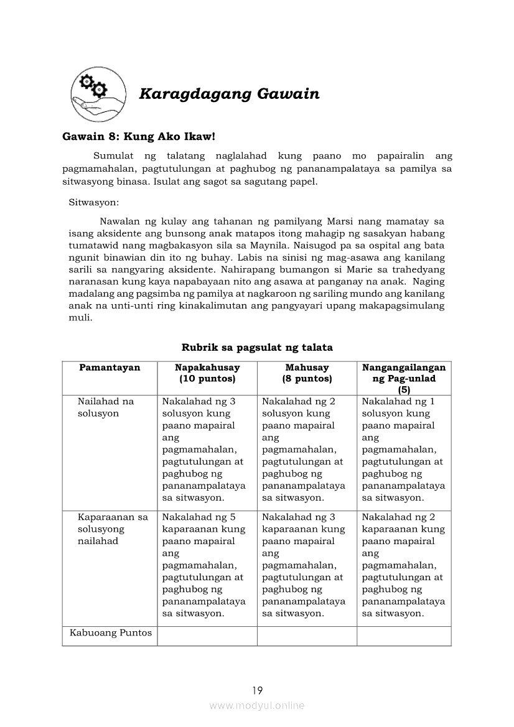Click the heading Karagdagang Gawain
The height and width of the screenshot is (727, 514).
pos(229,94)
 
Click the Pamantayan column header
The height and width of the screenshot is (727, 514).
pos(110,368)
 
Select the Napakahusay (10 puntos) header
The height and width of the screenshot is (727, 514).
pos(207,373)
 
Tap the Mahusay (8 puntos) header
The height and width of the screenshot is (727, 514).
pos(307,373)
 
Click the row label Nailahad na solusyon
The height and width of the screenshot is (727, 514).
pos(106,407)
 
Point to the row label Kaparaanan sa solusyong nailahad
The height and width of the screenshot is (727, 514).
pos(113,529)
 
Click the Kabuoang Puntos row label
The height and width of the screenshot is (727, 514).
pos(111,633)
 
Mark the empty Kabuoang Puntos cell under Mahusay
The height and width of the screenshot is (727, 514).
pos(307,636)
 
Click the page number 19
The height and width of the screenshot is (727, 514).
pos(258,690)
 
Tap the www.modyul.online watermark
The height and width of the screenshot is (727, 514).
pos(257,705)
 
